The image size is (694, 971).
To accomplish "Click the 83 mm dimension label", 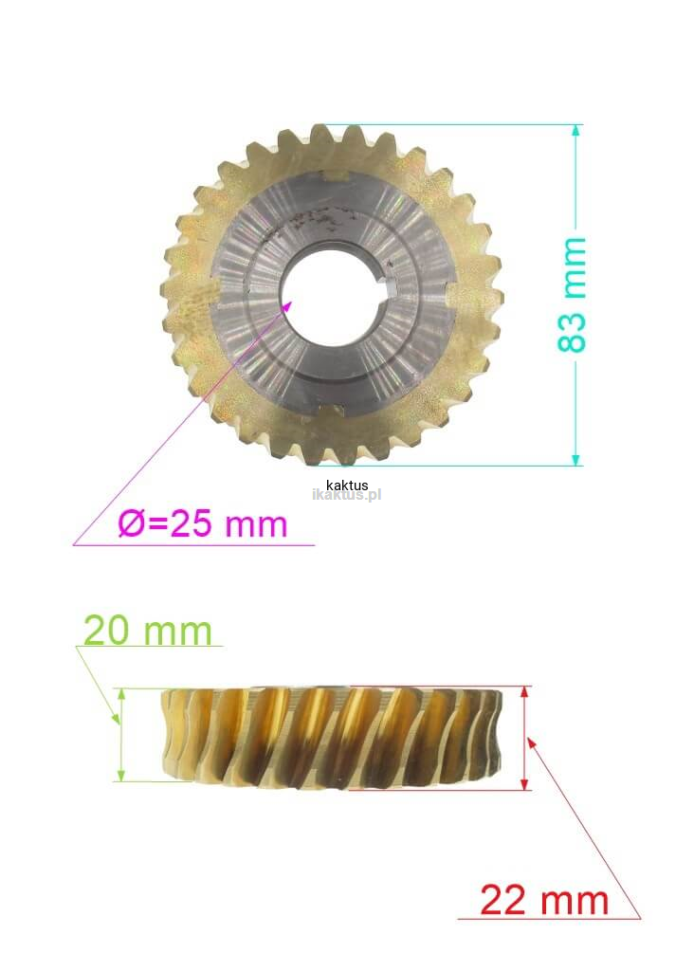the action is [x=572, y=295].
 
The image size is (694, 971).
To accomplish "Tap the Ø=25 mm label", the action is [x=203, y=523].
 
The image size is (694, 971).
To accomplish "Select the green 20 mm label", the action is [x=147, y=631].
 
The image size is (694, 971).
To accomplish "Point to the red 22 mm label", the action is [x=544, y=900].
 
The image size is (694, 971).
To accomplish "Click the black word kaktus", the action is [x=347, y=485].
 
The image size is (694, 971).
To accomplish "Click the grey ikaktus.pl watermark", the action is [x=347, y=495].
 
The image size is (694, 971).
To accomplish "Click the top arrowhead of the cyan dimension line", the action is [x=575, y=130].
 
